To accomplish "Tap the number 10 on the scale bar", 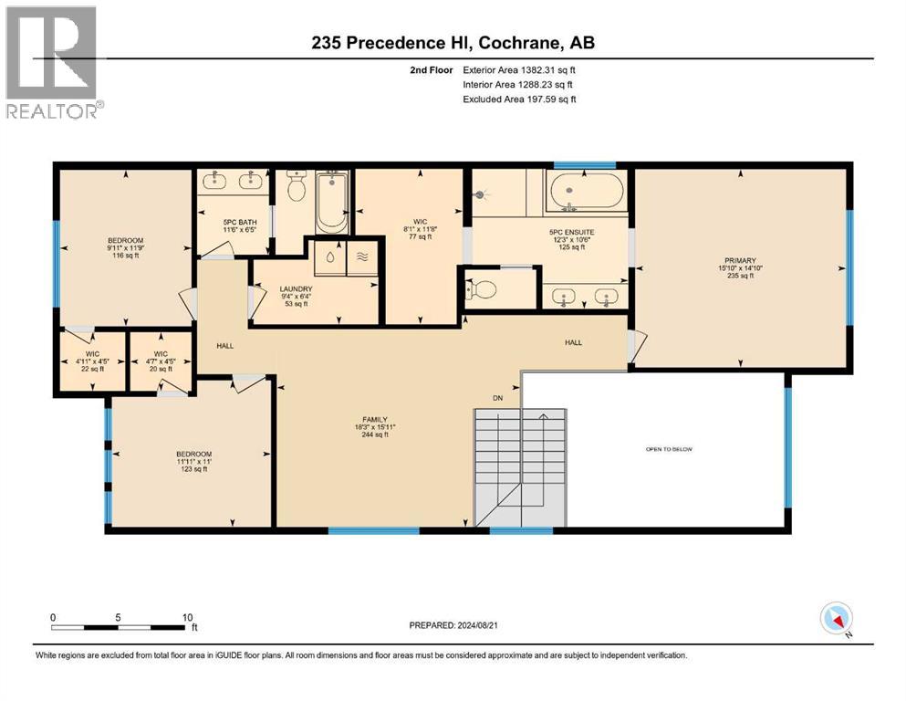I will (x=187, y=617).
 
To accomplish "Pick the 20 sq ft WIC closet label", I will (x=161, y=361).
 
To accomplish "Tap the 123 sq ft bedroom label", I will (x=193, y=461).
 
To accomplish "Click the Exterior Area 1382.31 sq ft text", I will (x=519, y=69).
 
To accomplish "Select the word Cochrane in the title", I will (x=523, y=43).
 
